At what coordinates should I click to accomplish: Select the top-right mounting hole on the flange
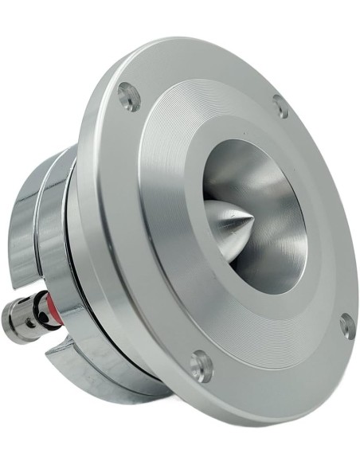pos(280,106)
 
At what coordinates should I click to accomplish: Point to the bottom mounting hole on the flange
pos(202,365)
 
